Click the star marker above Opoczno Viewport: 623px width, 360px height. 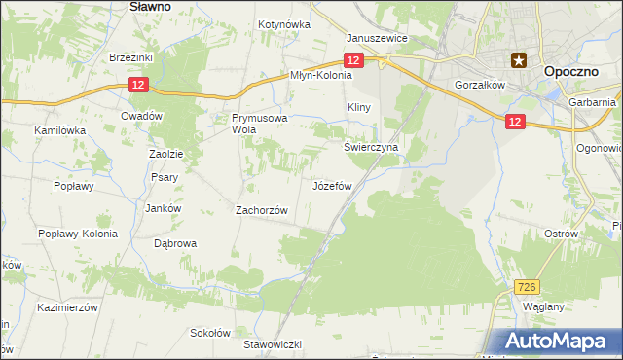521,59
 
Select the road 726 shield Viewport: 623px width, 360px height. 527,287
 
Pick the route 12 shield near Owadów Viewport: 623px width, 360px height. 139,87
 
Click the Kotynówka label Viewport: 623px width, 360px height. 283,24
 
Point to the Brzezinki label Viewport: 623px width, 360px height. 131,57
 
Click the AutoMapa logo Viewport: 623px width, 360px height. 561,342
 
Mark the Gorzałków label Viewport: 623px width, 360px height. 477,85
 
